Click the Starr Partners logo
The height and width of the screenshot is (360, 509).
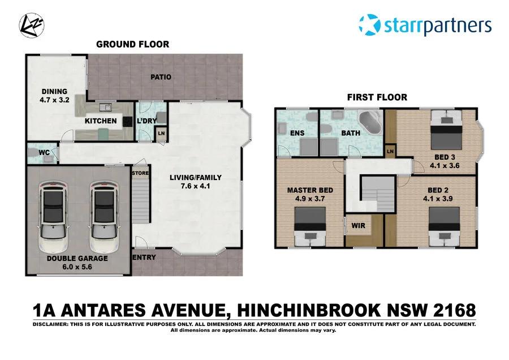425,25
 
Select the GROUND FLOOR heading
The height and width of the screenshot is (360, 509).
132,44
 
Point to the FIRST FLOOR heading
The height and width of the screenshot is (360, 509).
377,97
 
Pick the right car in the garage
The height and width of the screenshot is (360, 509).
106,217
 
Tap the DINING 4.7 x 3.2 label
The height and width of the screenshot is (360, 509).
54,96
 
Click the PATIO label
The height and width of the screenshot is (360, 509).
161,78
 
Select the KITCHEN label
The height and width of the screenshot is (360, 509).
101,121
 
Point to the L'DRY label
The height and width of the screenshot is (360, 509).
146,121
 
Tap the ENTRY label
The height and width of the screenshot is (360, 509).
144,258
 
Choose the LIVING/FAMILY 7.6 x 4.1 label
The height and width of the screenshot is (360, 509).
196,181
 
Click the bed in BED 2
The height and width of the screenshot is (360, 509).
444,226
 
